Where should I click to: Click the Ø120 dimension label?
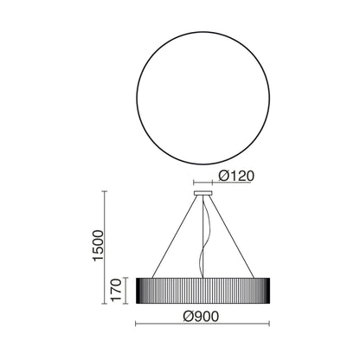coord(236,176)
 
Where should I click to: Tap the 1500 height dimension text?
coord(98,246)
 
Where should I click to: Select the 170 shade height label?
coord(117,290)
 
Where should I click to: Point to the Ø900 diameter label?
coord(201,317)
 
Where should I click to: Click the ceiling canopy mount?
coord(203,193)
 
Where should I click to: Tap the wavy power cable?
coord(204,237)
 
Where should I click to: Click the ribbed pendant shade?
coord(203,291)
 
